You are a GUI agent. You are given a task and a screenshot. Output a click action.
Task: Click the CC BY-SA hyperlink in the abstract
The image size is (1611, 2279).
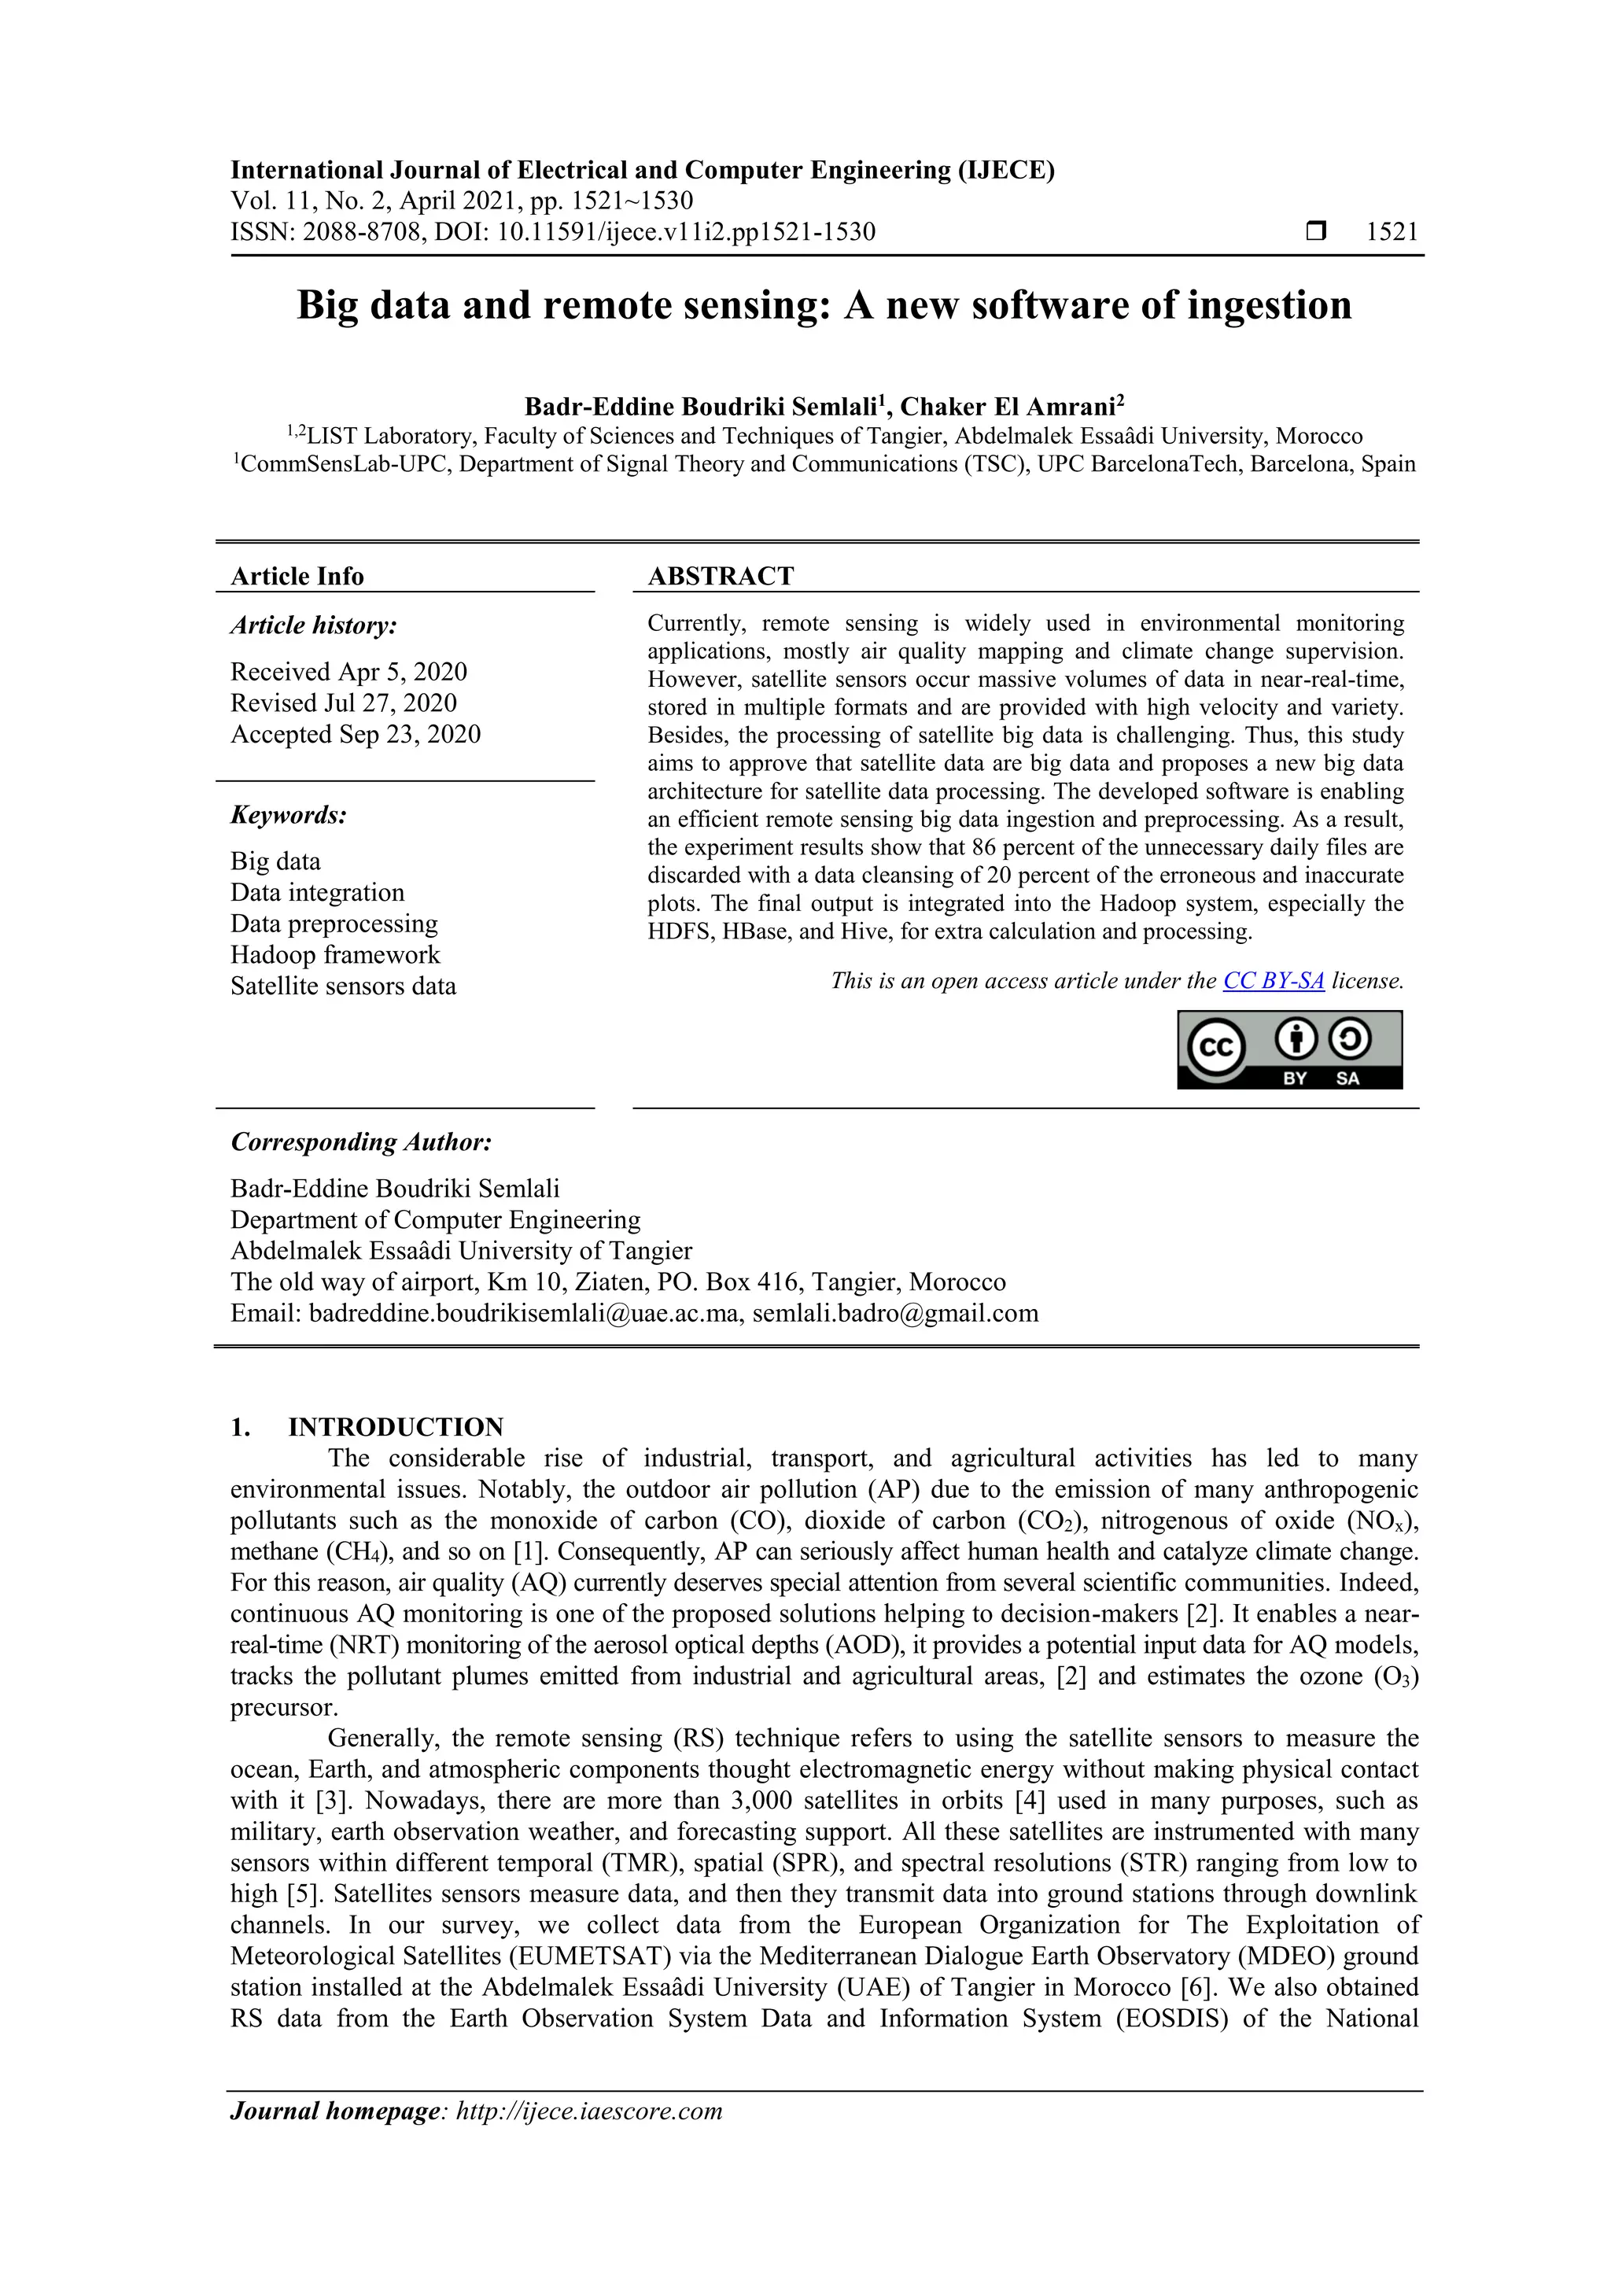1273,981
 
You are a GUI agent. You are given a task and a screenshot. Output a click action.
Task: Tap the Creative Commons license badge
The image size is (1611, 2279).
1289,1049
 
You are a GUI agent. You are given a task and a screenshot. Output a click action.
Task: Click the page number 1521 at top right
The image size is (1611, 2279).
1392,232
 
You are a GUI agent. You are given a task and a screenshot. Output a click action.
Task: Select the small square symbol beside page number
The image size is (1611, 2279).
1316,232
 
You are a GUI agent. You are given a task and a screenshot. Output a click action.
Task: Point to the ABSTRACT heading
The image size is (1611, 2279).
721,576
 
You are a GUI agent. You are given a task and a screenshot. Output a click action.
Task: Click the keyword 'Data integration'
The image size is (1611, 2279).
318,892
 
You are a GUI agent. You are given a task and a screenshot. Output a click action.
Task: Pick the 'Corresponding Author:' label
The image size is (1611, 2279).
361,1142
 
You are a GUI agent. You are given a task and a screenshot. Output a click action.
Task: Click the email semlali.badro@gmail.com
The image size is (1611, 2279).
895,1313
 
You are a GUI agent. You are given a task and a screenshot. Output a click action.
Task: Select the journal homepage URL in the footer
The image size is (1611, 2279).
588,2111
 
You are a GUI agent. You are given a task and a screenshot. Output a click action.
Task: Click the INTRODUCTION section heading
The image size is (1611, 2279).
395,1427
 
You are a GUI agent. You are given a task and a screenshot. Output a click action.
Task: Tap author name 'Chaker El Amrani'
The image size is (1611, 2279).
1008,407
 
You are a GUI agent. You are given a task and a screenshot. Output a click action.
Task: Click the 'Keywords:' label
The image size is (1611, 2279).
289,815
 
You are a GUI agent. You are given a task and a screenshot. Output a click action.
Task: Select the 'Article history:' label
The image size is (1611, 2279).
314,625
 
